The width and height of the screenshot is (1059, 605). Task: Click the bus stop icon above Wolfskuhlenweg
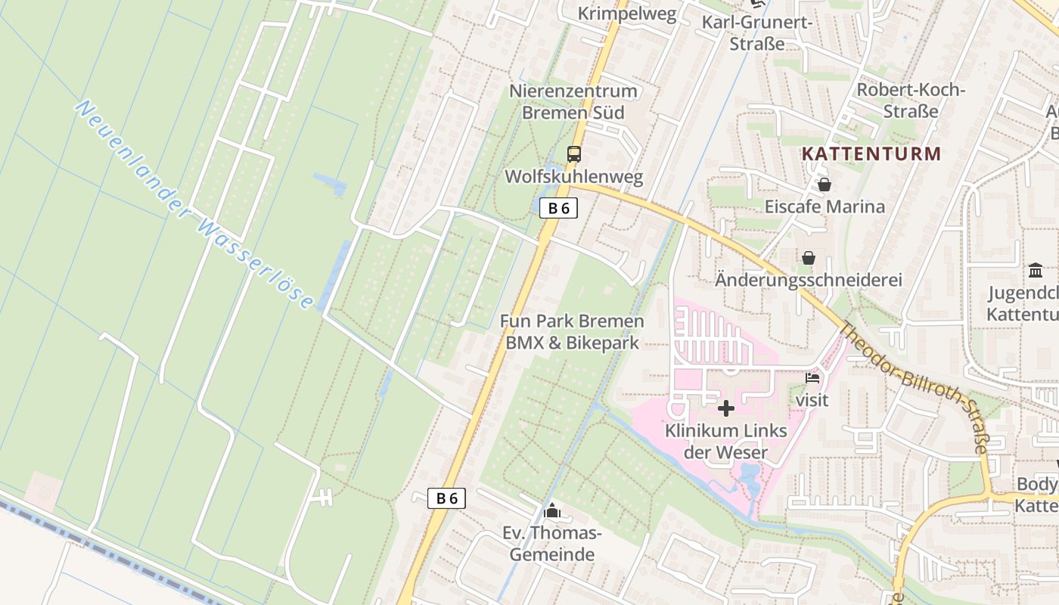click(x=574, y=154)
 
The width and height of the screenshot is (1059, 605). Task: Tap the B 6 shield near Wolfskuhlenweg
click(x=558, y=208)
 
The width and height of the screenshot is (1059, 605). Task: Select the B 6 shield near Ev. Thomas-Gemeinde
click(x=446, y=498)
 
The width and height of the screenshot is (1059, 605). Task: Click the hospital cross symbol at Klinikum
click(x=726, y=408)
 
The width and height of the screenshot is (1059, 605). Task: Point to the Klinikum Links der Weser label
click(x=725, y=442)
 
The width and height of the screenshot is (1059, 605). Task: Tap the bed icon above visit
click(x=813, y=377)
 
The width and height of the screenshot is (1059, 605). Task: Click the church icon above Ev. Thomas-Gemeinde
click(x=552, y=511)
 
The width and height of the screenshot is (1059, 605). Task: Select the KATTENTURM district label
click(x=871, y=154)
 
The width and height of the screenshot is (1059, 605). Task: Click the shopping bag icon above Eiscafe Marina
click(x=825, y=185)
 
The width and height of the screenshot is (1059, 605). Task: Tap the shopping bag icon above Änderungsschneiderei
click(x=809, y=259)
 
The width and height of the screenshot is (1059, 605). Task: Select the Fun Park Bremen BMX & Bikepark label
click(x=572, y=332)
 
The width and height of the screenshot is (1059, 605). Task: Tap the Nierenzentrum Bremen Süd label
click(x=573, y=102)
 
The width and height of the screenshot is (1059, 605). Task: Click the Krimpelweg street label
click(x=627, y=14)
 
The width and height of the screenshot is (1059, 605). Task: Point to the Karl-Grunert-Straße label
click(x=757, y=33)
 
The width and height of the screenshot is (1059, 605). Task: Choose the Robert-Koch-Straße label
click(x=911, y=101)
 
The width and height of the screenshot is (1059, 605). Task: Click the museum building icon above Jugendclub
click(x=1036, y=270)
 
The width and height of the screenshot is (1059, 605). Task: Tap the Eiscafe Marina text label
click(x=825, y=206)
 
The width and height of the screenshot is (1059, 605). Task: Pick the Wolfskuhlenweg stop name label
click(x=574, y=177)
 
